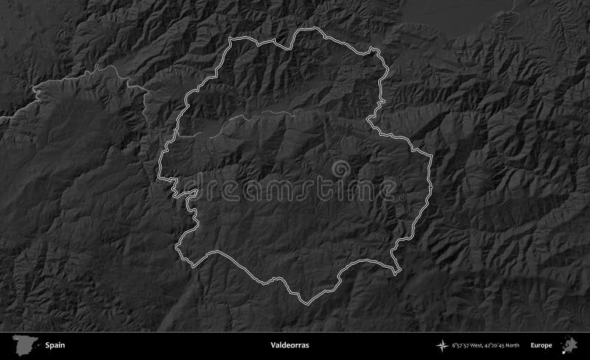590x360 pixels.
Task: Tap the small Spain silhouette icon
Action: coord(24,345)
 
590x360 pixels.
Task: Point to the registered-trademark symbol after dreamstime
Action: coord(404,198)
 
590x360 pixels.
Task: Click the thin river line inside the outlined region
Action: coord(265,114)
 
